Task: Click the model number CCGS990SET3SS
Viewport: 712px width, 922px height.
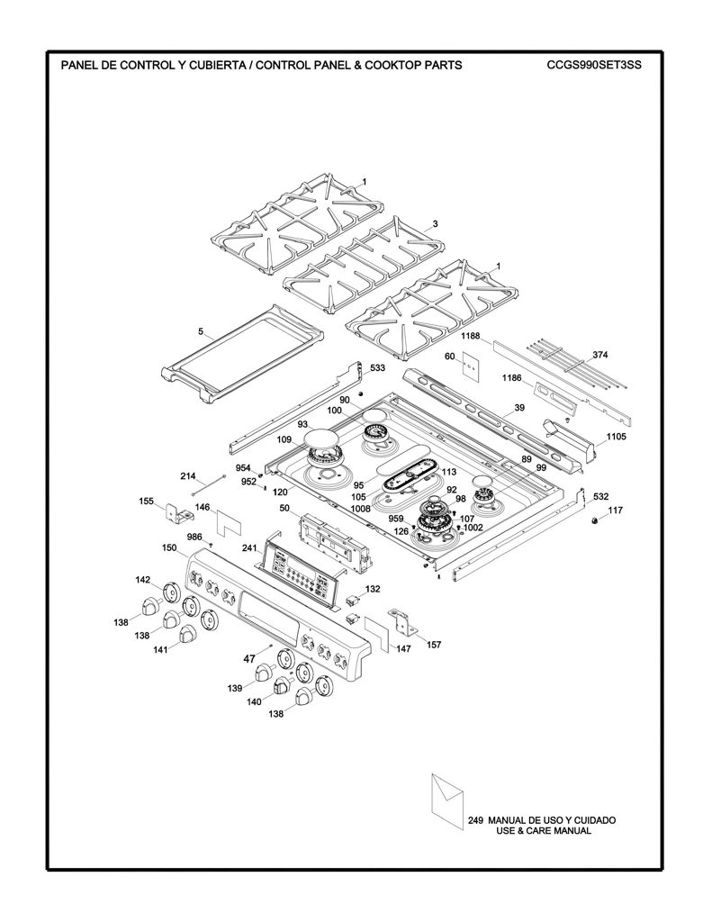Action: (594, 65)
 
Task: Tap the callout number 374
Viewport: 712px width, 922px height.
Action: (600, 355)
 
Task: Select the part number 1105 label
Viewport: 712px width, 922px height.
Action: (617, 437)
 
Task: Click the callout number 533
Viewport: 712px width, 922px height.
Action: (377, 368)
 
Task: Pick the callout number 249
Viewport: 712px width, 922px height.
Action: (475, 820)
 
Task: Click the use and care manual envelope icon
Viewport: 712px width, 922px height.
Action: (446, 800)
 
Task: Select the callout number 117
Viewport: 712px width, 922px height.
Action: (615, 511)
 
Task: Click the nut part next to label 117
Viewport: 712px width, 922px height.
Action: (594, 520)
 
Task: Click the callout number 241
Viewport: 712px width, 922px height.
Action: (250, 548)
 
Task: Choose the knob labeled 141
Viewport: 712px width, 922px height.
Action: (188, 635)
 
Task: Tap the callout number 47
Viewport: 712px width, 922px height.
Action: (249, 659)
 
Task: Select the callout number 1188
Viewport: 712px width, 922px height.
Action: (471, 337)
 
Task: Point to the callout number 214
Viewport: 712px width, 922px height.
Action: (189, 475)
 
